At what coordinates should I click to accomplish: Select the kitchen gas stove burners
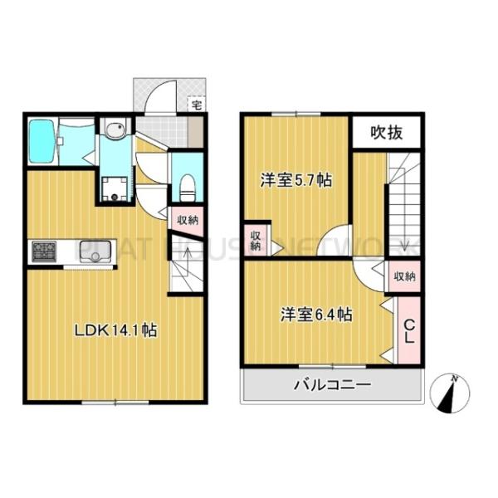pyautogui.click(x=43, y=250)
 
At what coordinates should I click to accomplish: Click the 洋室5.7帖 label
pyautogui.click(x=296, y=179)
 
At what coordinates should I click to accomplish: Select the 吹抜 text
pyautogui.click(x=387, y=131)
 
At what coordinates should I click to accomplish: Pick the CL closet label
pyautogui.click(x=409, y=330)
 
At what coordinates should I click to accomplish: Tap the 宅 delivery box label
pyautogui.click(x=196, y=105)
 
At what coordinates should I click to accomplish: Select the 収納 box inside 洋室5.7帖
pyautogui.click(x=256, y=239)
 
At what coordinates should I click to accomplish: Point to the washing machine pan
pyautogui.click(x=115, y=188)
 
